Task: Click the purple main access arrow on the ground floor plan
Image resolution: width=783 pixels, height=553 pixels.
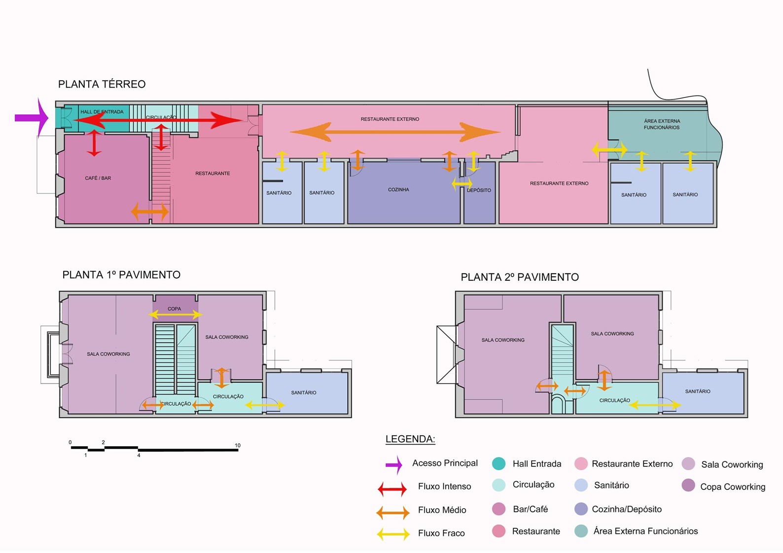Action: [x=32, y=118]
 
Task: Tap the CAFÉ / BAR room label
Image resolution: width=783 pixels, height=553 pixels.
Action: [x=98, y=178]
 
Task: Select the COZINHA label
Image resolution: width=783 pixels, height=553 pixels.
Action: [x=398, y=190]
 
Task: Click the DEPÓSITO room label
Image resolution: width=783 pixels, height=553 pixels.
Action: [x=479, y=190]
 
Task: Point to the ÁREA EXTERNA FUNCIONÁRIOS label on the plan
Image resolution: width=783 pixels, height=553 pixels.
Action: [x=662, y=124]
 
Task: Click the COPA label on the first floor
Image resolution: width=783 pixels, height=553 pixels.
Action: [x=174, y=309]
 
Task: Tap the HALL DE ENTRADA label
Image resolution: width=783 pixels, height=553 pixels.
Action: [x=102, y=112]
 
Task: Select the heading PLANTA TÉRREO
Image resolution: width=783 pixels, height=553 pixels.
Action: [x=102, y=84]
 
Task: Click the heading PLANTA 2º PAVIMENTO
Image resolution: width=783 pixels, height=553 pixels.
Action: [x=520, y=277]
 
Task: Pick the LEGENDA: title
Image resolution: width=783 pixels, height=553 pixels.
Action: [x=410, y=439]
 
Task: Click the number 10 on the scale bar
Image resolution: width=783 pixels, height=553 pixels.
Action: [x=238, y=445]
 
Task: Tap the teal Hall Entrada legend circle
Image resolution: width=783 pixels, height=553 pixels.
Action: [x=498, y=464]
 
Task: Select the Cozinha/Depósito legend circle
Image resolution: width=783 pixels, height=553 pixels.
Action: [x=581, y=509]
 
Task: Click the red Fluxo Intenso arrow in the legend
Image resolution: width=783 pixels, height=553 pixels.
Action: [x=392, y=489]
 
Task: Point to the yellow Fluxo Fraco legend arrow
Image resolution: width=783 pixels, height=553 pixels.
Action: [x=393, y=534]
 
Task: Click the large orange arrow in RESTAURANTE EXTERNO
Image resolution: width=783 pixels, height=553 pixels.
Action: [x=395, y=132]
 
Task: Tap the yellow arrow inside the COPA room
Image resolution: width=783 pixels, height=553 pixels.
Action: [x=176, y=315]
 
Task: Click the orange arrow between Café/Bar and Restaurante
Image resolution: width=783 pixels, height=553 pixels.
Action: [x=150, y=212]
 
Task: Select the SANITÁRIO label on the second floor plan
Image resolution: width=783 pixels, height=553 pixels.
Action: [x=698, y=391]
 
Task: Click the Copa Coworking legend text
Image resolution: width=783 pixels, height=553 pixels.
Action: [x=733, y=487]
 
